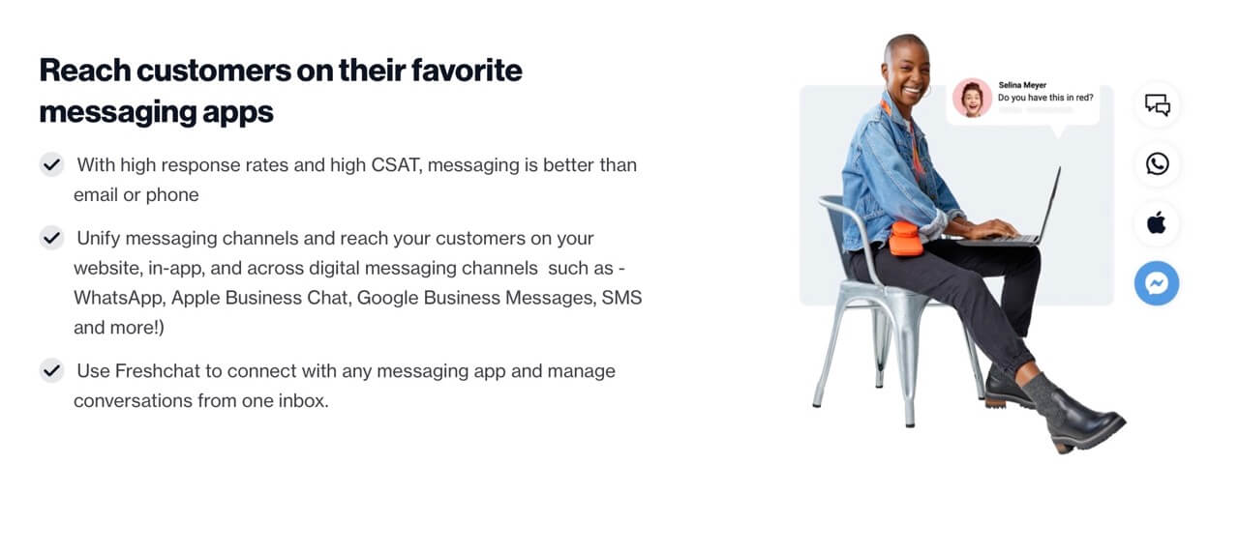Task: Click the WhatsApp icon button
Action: pyautogui.click(x=1157, y=163)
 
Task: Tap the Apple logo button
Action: pyautogui.click(x=1157, y=223)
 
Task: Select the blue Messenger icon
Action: pyautogui.click(x=1157, y=283)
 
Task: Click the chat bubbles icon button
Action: pyautogui.click(x=1157, y=104)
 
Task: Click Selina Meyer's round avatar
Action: pyautogui.click(x=971, y=98)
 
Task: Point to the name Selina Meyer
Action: pyautogui.click(x=1022, y=85)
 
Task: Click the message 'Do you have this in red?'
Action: pyautogui.click(x=1044, y=98)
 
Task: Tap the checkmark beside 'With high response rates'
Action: pyautogui.click(x=51, y=164)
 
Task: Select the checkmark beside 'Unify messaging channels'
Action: pyautogui.click(x=51, y=237)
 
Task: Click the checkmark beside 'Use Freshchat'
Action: pyautogui.click(x=51, y=370)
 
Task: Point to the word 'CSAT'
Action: pyautogui.click(x=395, y=164)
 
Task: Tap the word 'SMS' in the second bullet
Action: pyautogui.click(x=621, y=298)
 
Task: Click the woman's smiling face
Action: pyautogui.click(x=908, y=68)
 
